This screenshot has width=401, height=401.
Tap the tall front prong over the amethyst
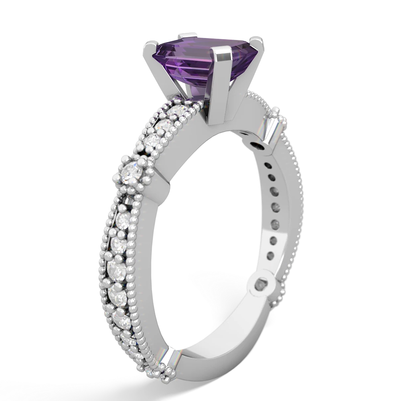[x=221, y=80]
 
